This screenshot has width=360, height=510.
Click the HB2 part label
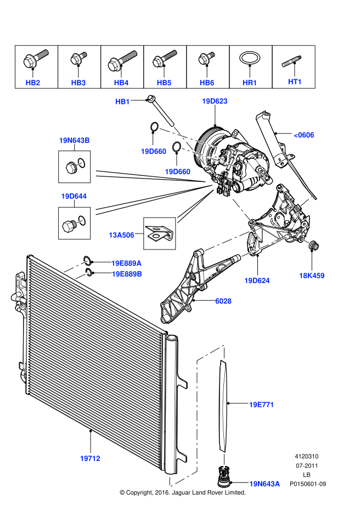(33, 82)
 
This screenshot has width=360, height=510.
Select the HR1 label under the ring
(250, 82)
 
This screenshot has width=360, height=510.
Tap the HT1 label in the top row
(295, 81)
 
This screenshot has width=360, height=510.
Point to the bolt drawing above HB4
(121, 61)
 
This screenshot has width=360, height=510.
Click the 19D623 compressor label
(215, 101)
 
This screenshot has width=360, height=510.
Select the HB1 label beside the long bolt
(122, 102)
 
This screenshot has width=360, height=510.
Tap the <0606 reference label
(304, 135)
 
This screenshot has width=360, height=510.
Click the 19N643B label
(74, 141)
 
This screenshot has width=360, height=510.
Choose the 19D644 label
(74, 196)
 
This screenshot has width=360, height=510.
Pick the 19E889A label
(126, 263)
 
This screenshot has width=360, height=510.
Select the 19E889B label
(126, 273)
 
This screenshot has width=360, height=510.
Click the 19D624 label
(257, 280)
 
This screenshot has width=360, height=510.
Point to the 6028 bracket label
(223, 301)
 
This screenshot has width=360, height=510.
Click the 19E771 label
(261, 405)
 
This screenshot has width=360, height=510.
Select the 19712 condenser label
(90, 457)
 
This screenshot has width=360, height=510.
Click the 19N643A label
(265, 484)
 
